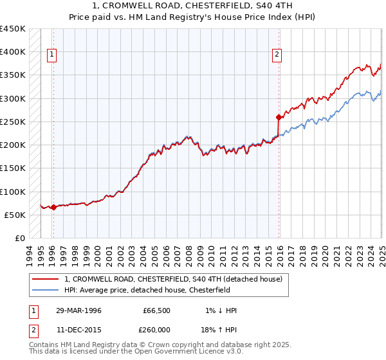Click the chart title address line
192,6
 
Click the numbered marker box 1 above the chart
51,55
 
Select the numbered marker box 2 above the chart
277,55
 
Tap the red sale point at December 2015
279,117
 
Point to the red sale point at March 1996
53,207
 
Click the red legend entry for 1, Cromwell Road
173,280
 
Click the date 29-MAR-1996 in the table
78,310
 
